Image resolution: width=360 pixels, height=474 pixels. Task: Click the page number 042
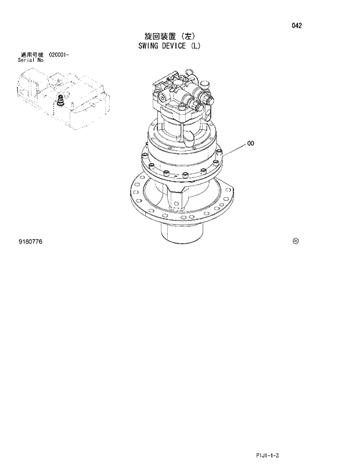[297, 26]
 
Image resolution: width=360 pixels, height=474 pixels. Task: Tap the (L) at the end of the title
[195, 46]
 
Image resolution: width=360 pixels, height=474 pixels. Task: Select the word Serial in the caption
[27, 60]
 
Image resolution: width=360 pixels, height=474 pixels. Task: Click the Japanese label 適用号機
[32, 55]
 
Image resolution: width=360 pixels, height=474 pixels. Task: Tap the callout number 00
[251, 143]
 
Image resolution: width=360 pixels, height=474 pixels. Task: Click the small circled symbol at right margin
[296, 241]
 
